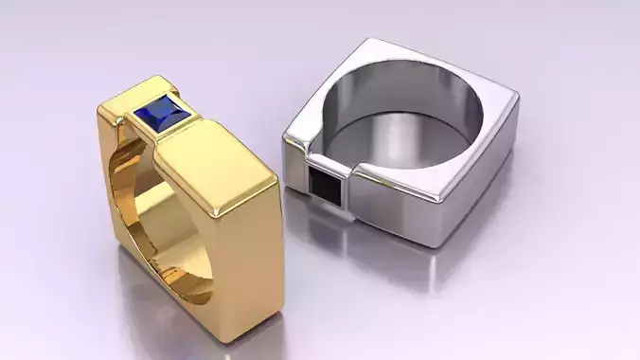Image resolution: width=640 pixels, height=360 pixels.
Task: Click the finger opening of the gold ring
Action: [142, 218]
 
